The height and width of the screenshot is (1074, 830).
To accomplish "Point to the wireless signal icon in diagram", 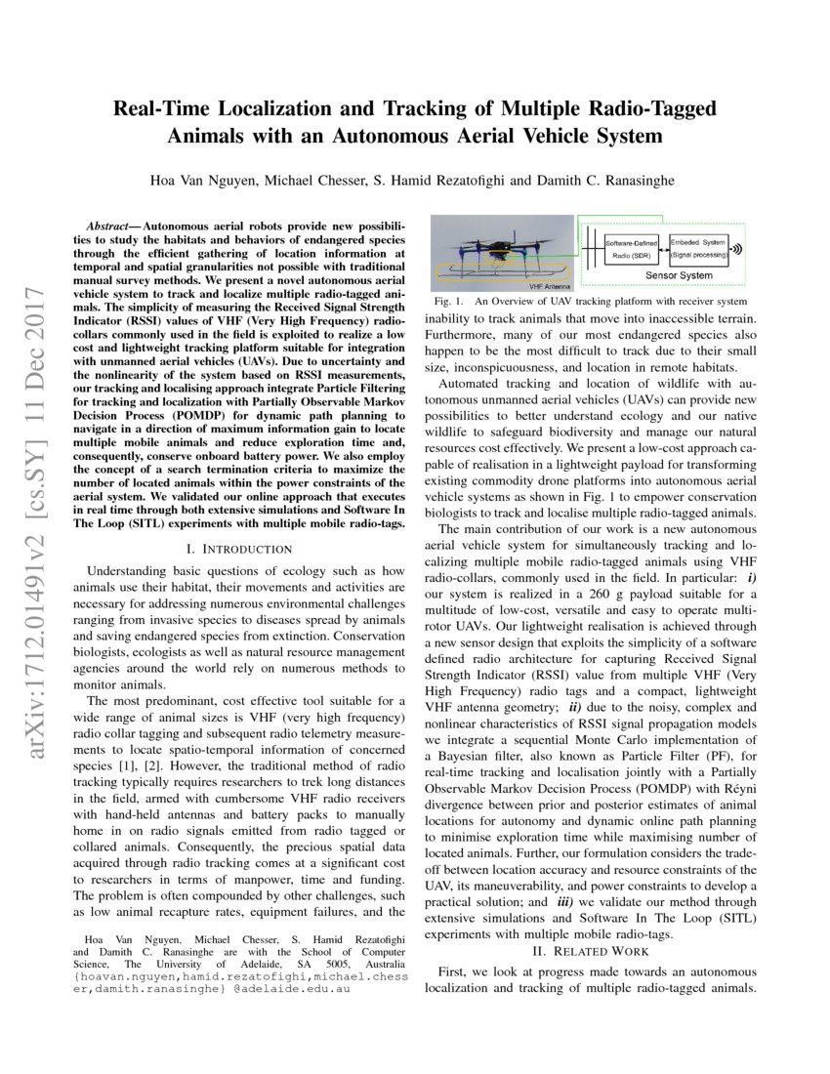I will [736, 249].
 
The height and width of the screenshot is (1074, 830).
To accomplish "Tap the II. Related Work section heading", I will [589, 950].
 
